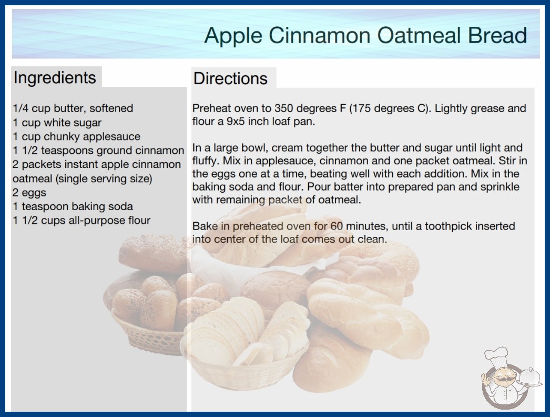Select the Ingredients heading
pos(55,78)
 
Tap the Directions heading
pos(230,78)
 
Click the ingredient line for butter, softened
pos(73,108)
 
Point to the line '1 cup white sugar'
pos(57,123)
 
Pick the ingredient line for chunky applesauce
pos(76,136)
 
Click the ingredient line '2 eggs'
pos(29,193)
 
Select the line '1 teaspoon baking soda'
pos(73,206)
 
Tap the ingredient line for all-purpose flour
pos(82,220)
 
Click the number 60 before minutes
pos(337,226)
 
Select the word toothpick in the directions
pos(447,226)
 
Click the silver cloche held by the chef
pos(530,377)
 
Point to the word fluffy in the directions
pos(206,161)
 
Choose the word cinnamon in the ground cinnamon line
pos(160,151)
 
